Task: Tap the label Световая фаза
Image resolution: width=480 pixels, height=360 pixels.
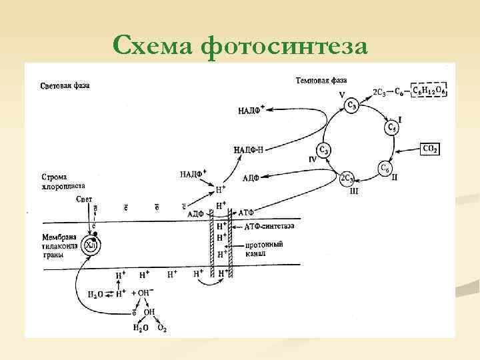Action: click(65, 86)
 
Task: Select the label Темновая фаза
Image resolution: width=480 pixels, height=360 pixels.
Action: click(321, 81)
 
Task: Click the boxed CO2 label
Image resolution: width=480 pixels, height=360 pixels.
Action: click(430, 149)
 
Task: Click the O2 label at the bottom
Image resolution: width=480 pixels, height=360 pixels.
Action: click(161, 327)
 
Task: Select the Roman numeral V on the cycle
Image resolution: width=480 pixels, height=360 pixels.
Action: click(341, 95)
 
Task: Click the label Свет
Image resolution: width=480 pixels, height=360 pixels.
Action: click(84, 199)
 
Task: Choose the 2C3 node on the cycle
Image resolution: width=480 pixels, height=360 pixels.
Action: click(347, 178)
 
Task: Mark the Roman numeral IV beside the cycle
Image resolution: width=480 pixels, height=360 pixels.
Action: click(312, 160)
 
